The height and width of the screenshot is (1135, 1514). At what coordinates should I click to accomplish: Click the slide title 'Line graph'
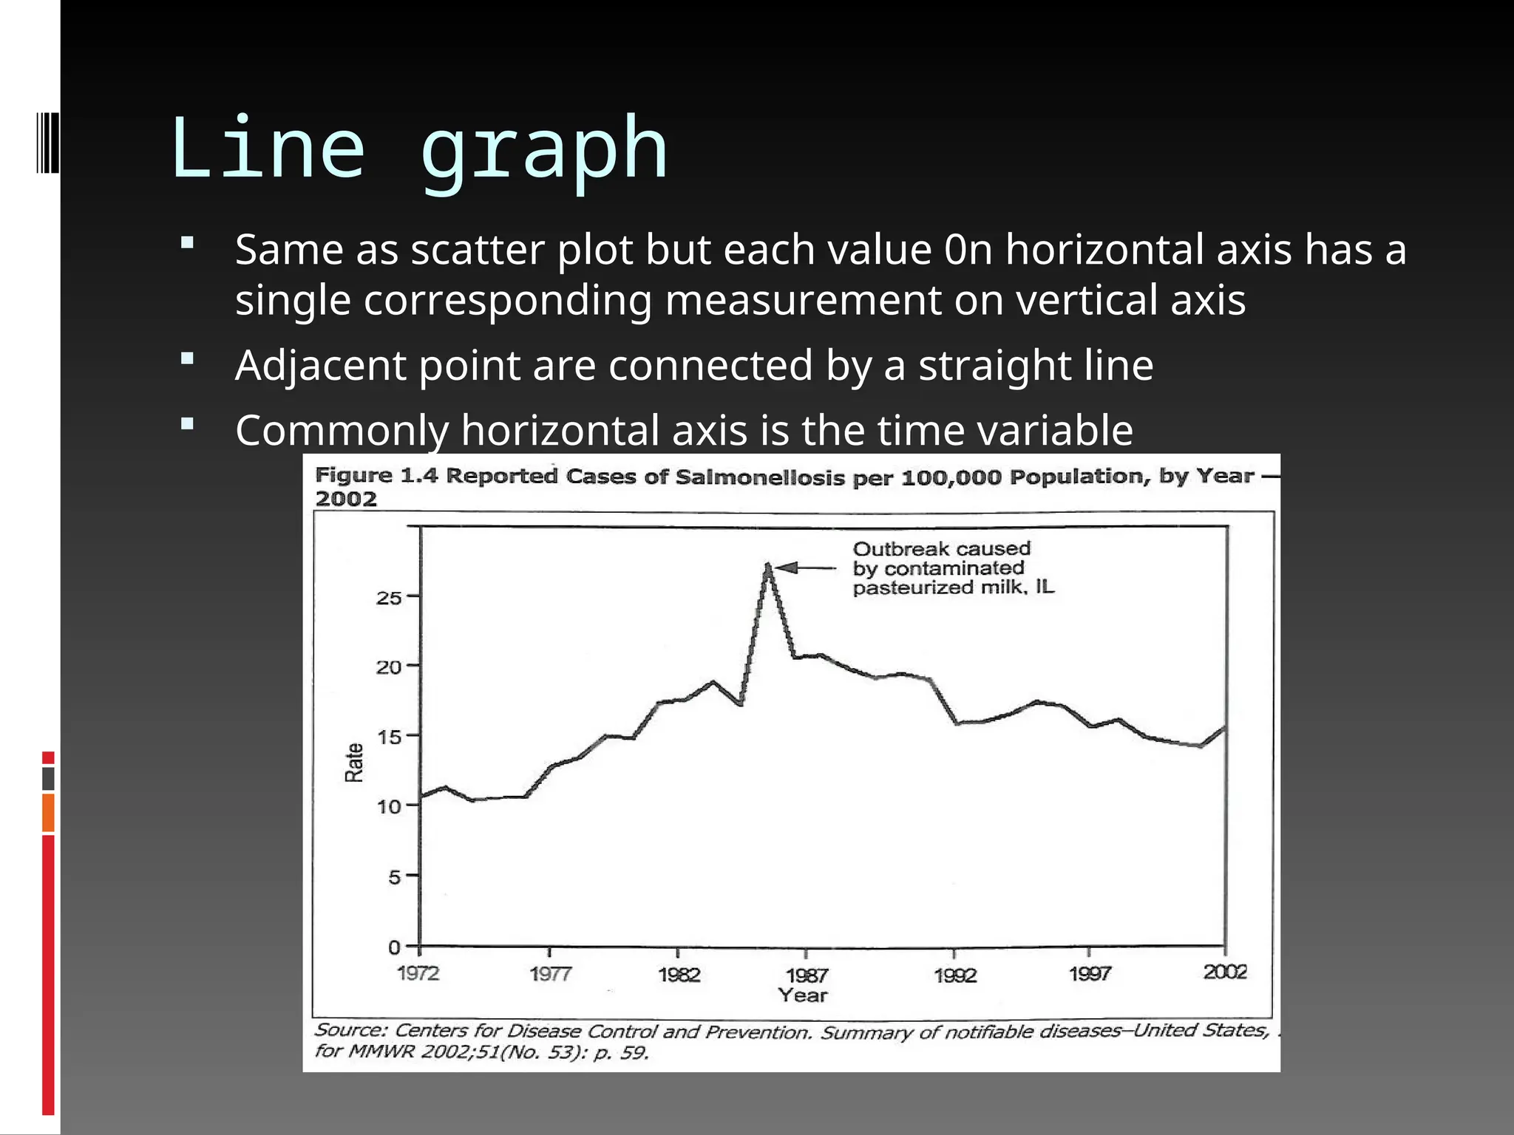(418, 150)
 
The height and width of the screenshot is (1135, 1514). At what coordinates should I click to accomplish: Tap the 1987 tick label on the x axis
(807, 975)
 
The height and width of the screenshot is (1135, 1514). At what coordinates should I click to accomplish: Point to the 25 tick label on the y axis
(389, 597)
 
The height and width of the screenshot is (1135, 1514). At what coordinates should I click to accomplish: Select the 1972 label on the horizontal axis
(418, 973)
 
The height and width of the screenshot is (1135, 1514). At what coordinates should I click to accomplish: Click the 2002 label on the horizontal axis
(1225, 972)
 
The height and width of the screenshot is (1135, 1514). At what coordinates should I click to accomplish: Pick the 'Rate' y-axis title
(355, 763)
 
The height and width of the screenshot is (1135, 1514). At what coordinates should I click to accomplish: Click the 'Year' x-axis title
(803, 996)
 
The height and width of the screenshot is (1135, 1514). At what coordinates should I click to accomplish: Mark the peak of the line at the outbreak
(768, 567)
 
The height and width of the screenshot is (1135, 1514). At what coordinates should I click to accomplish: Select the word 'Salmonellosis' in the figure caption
(759, 477)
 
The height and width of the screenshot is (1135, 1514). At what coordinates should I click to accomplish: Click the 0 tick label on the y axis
(394, 947)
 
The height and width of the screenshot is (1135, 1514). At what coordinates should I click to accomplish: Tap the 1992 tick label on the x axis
(955, 975)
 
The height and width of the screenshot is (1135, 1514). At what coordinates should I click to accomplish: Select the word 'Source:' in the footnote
(350, 1030)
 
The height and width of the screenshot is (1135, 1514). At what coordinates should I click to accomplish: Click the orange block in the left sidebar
(48, 813)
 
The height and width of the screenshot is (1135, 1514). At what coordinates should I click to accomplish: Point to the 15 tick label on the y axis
(389, 737)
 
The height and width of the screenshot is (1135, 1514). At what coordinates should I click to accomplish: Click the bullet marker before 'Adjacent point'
(187, 359)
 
